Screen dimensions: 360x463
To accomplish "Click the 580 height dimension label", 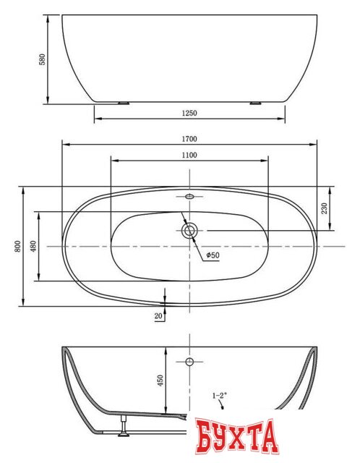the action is coord(43,59).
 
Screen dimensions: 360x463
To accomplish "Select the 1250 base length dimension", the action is coord(189,113).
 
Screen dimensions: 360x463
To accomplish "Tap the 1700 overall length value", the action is coord(189,139).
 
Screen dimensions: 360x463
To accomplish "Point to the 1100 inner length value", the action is coord(189,155).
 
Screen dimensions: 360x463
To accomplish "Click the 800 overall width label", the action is coord(17,246).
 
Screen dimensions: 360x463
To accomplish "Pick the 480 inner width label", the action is coord(33,246).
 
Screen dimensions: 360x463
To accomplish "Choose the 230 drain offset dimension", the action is coord(325,208).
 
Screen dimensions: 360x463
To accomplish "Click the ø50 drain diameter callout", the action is coord(213,255).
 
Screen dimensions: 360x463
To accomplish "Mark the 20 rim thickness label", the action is coord(158,316).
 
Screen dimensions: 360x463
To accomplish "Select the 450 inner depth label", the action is coord(160,381).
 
